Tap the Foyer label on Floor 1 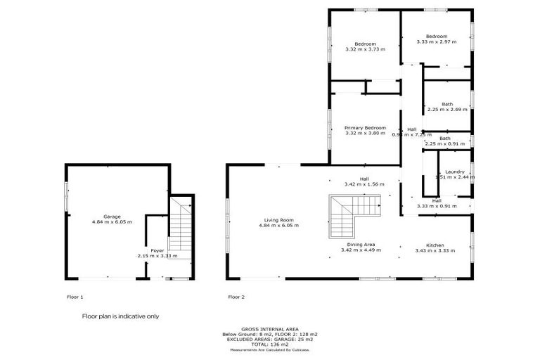tap(156, 250)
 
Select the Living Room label tap(278, 220)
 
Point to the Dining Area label tap(360, 245)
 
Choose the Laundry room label tap(454, 172)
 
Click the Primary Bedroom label tap(365, 128)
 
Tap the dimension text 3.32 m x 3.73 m tap(365, 50)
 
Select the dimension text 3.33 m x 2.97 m tap(436, 42)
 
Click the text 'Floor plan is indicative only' tap(120, 316)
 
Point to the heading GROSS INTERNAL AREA tap(269, 329)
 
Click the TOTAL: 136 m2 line tap(270, 344)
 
